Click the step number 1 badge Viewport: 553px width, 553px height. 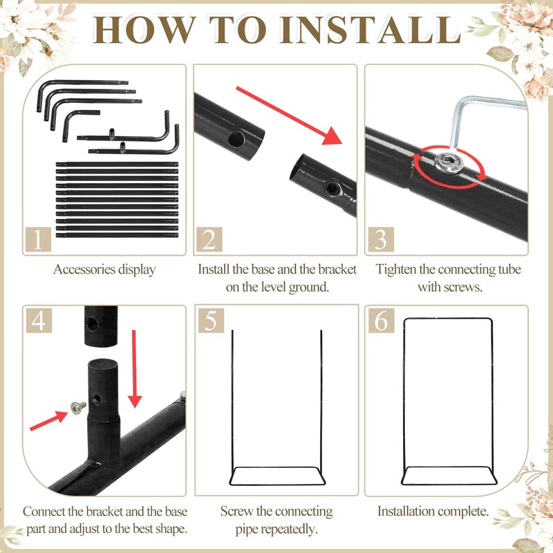point(38,239)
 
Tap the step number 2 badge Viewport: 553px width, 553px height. point(209,239)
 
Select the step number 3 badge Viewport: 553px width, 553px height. point(381,239)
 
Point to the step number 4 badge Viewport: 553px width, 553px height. point(39,320)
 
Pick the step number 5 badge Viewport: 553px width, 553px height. point(211,320)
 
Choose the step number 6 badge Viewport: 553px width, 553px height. point(382,320)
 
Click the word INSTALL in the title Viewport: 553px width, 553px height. point(371,30)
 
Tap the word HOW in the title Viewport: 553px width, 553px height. point(144,30)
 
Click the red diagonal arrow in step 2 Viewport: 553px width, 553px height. point(289,115)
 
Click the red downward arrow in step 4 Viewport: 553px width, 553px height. point(134,369)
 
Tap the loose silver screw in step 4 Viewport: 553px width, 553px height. point(78,407)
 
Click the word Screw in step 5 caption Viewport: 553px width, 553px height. point(234,512)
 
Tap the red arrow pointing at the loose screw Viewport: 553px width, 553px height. point(48,420)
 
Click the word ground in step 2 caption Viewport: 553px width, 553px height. point(309,288)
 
